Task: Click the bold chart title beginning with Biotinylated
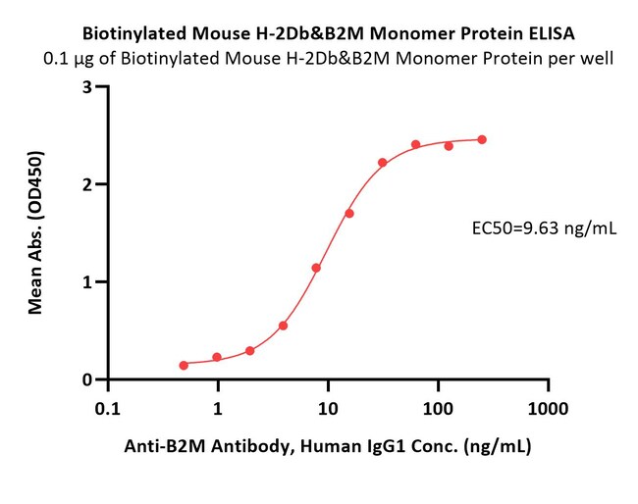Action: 329,33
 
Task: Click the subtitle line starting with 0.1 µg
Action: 329,59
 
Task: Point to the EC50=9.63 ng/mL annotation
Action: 544,229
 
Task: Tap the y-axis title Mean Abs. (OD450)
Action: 35,232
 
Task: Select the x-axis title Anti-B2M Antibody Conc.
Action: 328,446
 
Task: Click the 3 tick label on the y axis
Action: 87,86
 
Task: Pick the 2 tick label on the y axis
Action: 87,184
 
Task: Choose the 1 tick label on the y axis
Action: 87,281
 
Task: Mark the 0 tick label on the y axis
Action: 87,379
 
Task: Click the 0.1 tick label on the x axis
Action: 108,409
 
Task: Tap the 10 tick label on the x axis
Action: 328,409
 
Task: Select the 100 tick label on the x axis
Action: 438,409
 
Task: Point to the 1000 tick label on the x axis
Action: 548,409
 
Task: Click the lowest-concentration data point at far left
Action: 184,366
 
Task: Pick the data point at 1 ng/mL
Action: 217,357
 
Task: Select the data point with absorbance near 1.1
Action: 316,268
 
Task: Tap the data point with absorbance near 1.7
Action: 349,214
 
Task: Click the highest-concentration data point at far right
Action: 482,140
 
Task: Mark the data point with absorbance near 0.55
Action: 284,326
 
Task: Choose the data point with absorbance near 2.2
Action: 383,163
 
